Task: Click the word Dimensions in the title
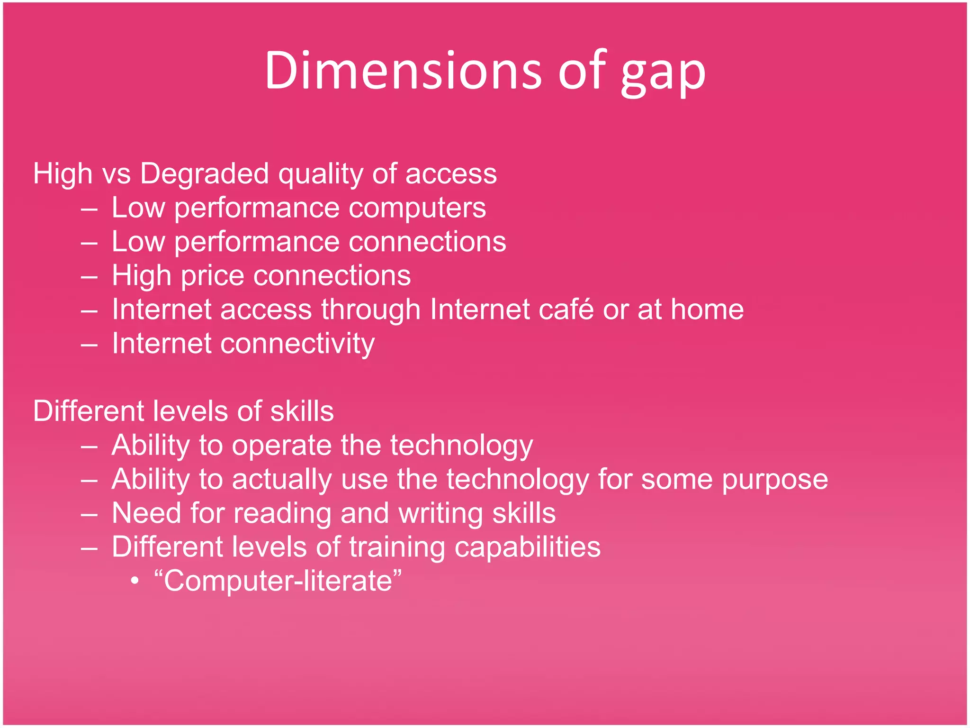coord(403,71)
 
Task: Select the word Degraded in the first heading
coord(205,173)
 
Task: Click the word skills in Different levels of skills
coord(302,411)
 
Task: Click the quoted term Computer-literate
coord(278,582)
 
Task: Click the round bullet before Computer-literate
coord(135,581)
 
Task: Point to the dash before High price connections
coord(89,277)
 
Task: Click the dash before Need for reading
coord(89,514)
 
